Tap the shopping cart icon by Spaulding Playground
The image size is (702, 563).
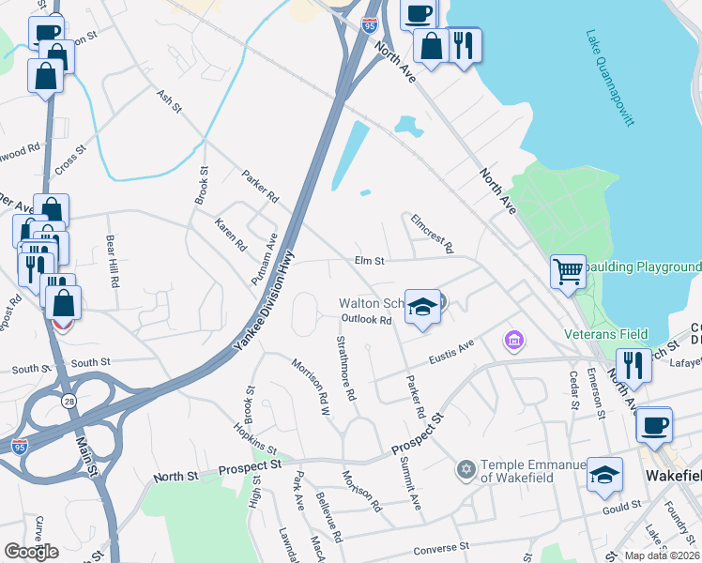[x=568, y=272]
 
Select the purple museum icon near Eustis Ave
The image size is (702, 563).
[x=513, y=339]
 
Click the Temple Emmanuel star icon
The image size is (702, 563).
[x=465, y=468]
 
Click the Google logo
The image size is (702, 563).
[x=31, y=551]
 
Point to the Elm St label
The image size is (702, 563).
[x=370, y=261]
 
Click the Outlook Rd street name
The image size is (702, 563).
[x=365, y=320]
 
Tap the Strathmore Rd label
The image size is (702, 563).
[x=345, y=369]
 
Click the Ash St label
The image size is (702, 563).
[x=169, y=101]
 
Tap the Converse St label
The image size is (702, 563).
[x=440, y=546]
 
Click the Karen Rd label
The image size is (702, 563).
[x=230, y=235]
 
